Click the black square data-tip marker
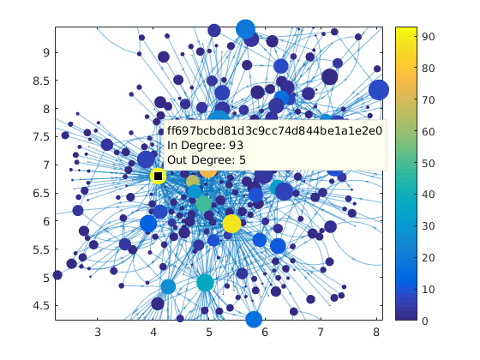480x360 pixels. [158, 176]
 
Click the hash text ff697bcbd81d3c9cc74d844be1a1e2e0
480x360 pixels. [274, 131]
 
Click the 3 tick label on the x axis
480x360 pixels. [98, 332]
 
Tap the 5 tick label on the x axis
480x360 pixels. [209, 332]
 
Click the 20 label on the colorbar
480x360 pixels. [425, 256]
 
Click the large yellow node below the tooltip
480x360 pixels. [231, 224]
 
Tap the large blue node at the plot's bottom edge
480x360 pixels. [254, 319]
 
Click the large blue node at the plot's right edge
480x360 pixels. [379, 90]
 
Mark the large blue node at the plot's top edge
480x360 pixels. [245, 30]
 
